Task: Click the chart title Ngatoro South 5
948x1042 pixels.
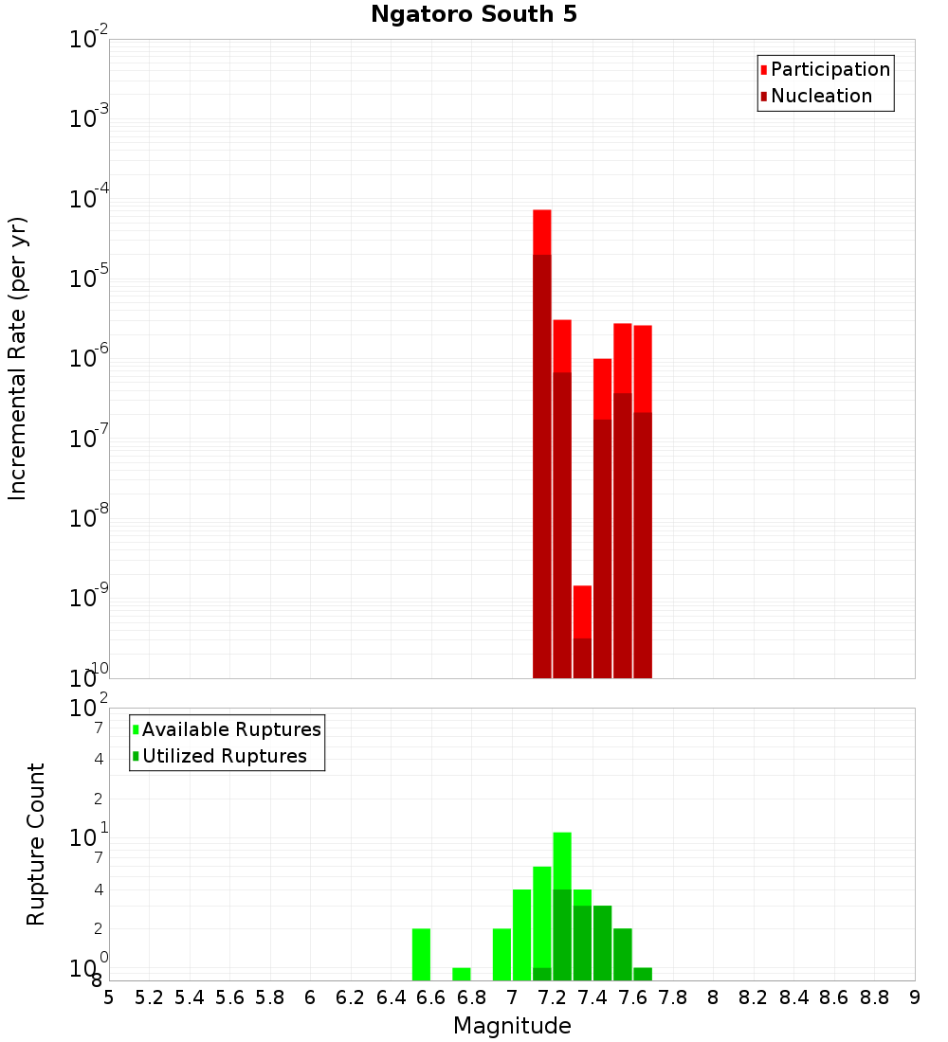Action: (x=474, y=14)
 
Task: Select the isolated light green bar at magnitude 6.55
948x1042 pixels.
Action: (x=421, y=954)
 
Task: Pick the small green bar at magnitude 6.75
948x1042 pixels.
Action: (x=462, y=974)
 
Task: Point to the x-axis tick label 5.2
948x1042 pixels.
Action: (x=149, y=997)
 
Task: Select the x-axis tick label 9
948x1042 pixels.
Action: (x=915, y=997)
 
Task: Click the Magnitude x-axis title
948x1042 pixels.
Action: (x=512, y=1026)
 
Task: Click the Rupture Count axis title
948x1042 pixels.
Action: (x=36, y=844)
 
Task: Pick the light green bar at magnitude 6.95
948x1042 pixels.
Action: (x=501, y=954)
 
